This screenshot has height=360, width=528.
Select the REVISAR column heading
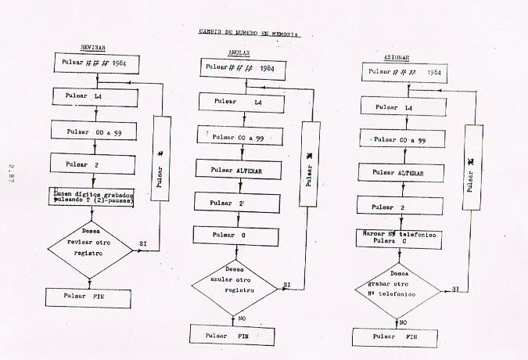(92, 47)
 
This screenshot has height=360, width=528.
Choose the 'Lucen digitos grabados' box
(93, 197)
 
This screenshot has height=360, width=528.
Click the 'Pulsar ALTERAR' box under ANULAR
(236, 169)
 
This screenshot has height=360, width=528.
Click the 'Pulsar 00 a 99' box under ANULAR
(237, 137)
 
